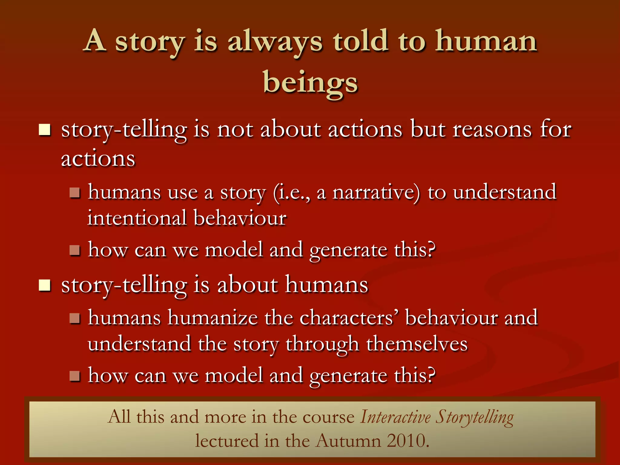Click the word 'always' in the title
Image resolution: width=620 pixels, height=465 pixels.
[x=275, y=42]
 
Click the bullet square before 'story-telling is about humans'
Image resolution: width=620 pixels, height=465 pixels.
[x=45, y=285]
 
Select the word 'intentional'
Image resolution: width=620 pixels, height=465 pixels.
[x=137, y=218]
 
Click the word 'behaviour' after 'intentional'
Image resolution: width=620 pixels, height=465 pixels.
[x=240, y=218]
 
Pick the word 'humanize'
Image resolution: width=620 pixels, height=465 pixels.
[x=213, y=318]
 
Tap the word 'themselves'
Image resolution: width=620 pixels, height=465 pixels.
[x=417, y=344]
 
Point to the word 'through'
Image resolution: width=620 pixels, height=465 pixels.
[x=322, y=345]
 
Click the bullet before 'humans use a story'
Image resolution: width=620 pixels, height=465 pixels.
[x=74, y=193]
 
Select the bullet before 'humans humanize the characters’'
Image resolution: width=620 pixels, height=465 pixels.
[x=74, y=318]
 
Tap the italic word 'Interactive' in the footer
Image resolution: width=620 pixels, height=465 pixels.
[x=395, y=417]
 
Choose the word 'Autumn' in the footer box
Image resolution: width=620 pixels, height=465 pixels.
[x=348, y=441]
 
